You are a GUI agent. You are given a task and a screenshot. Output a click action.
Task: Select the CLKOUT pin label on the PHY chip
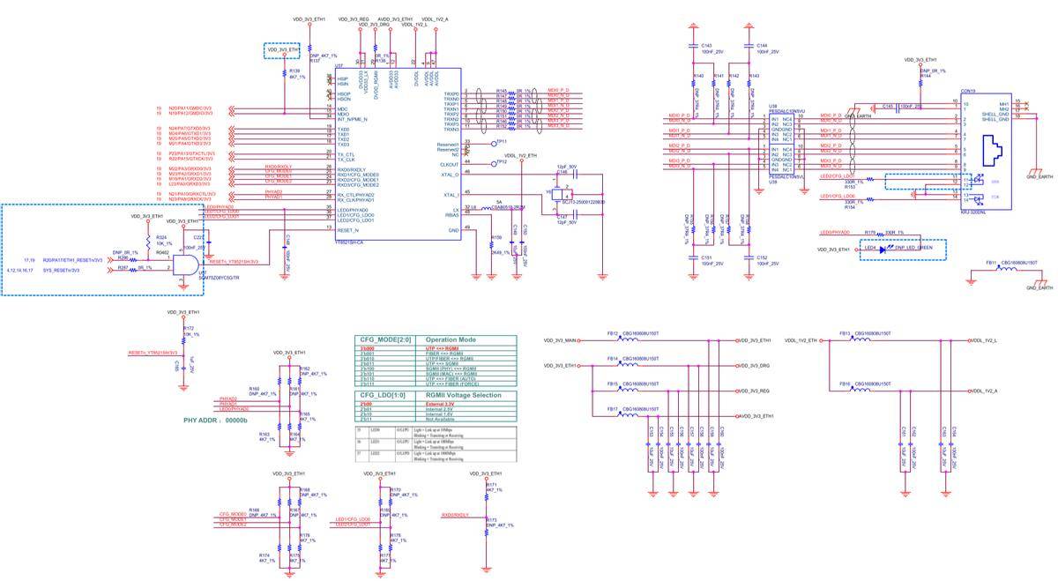[x=449, y=163]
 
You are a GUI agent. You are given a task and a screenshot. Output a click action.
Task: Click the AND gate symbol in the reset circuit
[x=183, y=263]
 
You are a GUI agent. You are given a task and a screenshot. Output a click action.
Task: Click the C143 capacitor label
[x=706, y=46]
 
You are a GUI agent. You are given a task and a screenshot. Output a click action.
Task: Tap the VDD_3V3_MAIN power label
[x=560, y=340]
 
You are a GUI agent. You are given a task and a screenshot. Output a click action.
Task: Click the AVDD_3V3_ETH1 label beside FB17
[x=756, y=415]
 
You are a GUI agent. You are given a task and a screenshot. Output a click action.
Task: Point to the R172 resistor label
[x=188, y=328]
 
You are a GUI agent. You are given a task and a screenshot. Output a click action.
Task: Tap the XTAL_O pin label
[x=450, y=175]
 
